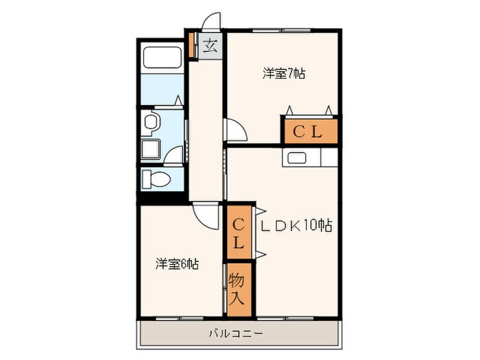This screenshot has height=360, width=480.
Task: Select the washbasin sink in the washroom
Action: (x=151, y=122)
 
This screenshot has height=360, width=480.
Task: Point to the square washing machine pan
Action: (x=149, y=149)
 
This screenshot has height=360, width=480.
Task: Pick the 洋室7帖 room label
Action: (x=283, y=73)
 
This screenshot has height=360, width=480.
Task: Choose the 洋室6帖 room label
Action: (x=176, y=263)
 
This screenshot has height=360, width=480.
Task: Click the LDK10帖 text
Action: (x=296, y=224)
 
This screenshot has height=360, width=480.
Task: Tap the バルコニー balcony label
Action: (x=235, y=334)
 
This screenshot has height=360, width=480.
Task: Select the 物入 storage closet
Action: (x=238, y=289)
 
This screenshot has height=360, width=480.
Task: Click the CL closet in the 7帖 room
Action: (x=308, y=132)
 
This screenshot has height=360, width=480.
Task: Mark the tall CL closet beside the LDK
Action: (x=239, y=233)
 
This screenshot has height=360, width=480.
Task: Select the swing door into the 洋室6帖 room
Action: (x=204, y=215)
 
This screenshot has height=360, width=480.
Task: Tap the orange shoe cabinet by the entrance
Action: (x=193, y=45)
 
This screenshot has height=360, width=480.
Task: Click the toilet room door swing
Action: (x=174, y=156)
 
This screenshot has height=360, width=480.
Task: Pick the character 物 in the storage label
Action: (x=238, y=280)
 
